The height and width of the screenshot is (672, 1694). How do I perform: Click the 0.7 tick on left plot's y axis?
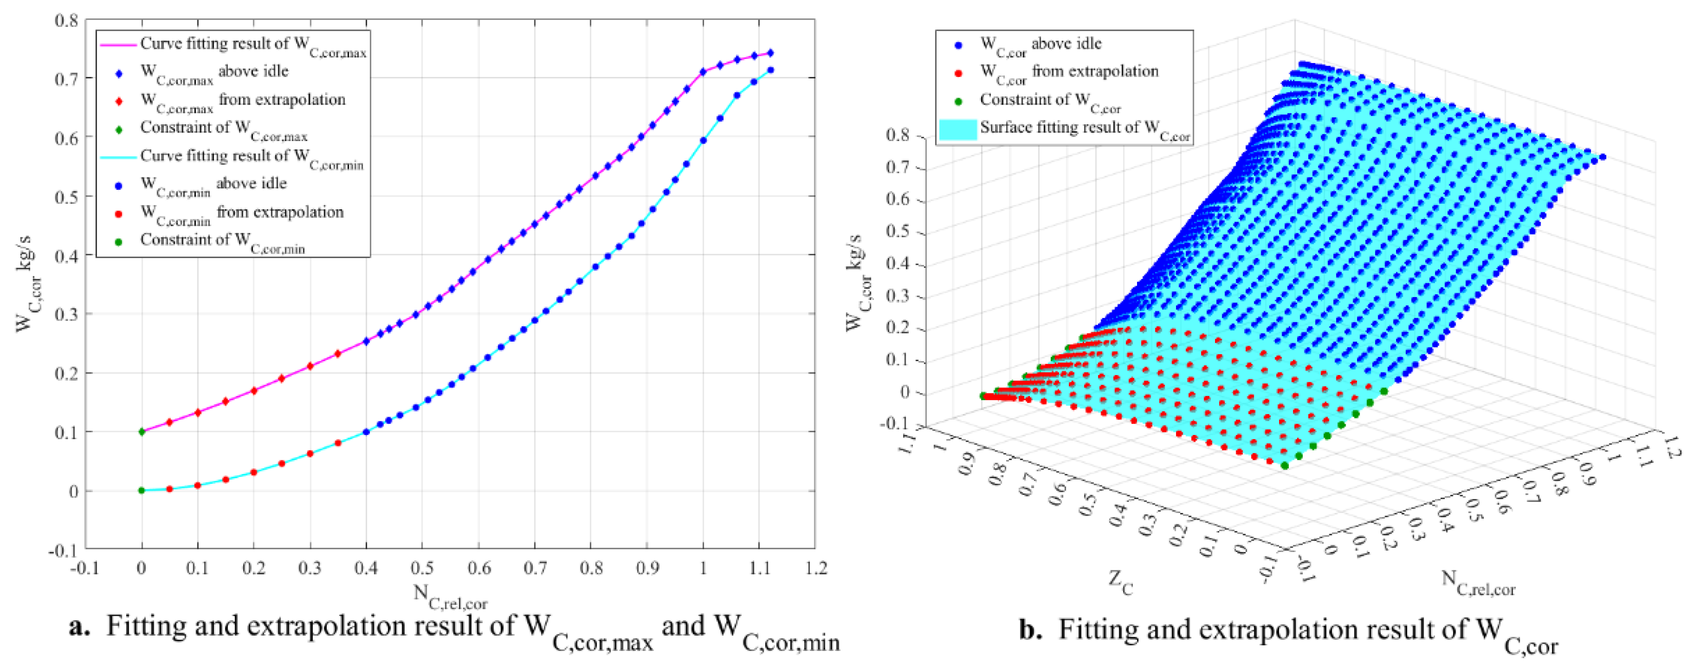pos(68,78)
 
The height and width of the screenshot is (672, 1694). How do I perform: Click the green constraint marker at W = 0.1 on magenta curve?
pos(142,432)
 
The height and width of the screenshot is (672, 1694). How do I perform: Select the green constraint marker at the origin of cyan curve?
pos(142,490)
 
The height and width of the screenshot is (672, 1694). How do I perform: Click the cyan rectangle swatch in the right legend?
pos(957,129)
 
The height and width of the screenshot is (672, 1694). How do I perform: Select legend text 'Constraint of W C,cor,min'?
pos(222,241)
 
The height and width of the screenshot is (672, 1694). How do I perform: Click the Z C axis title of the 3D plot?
pos(1121,582)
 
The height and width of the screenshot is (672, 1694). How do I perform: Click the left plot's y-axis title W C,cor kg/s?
pos(26,283)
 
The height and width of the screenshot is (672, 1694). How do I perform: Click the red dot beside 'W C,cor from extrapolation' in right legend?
pos(958,73)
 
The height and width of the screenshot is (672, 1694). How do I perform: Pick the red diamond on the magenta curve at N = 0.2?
pos(254,390)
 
